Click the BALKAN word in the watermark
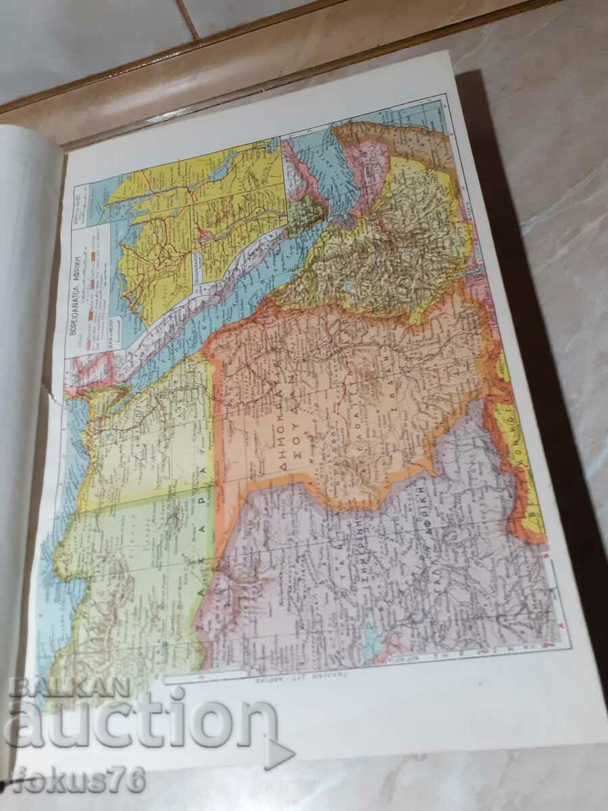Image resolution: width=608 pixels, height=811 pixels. point(68,688)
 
